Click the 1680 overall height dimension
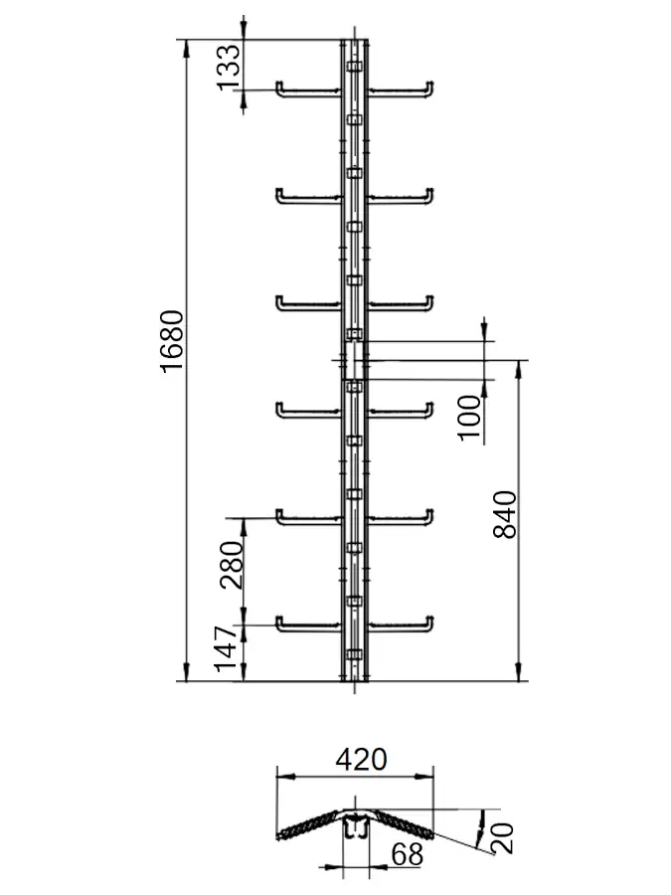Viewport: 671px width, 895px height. [x=172, y=341]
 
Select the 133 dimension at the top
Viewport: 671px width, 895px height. [x=229, y=67]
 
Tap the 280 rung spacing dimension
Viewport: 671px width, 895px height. [x=232, y=565]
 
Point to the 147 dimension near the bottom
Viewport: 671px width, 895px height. [x=225, y=648]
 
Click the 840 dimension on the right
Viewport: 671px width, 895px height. [x=504, y=514]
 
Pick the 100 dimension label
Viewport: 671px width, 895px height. [x=470, y=418]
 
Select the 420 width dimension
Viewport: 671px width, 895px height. [x=362, y=760]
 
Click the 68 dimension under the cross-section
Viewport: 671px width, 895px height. [x=408, y=854]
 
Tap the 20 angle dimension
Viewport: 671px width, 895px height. [x=502, y=838]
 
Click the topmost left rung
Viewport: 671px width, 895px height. [x=309, y=90]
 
